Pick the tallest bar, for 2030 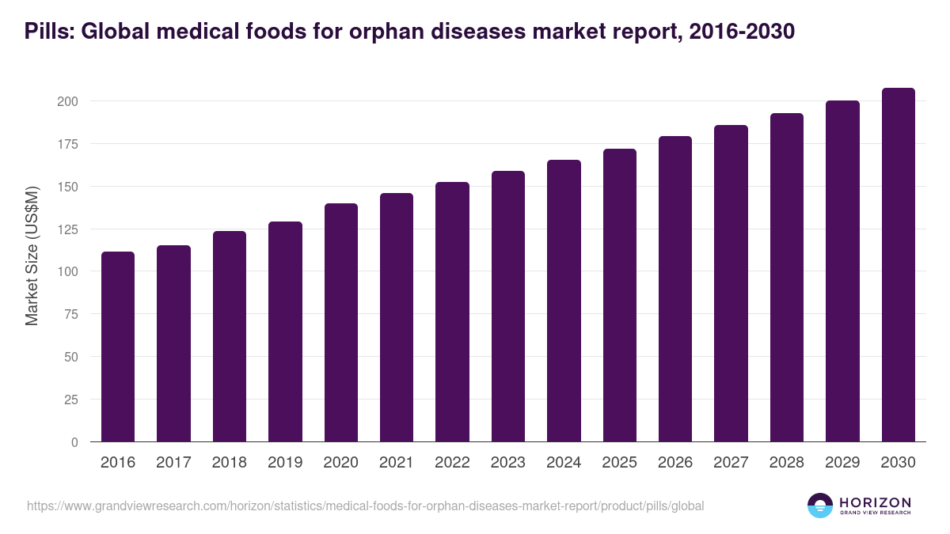coord(898,265)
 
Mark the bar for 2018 coord(230,336)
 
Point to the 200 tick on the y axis coord(67,101)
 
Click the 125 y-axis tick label coord(67,229)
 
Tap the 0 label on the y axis coord(74,442)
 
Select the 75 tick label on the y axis coord(70,315)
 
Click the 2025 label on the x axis coord(619,463)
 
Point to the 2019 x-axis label coord(285,463)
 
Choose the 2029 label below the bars coord(842,463)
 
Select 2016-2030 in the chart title coord(743,32)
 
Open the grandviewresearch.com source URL coord(365,506)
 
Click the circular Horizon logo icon coord(819,506)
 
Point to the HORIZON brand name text coord(875,502)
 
